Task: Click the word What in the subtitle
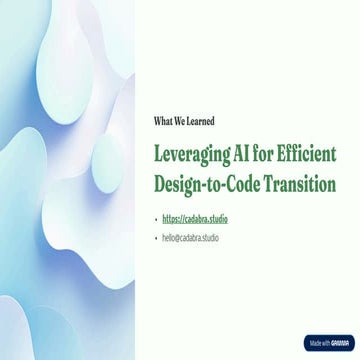coord(164,121)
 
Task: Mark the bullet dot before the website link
coord(156,218)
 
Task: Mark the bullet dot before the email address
coord(156,238)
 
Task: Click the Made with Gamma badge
coord(328,342)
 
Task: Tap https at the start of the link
coord(171,218)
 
